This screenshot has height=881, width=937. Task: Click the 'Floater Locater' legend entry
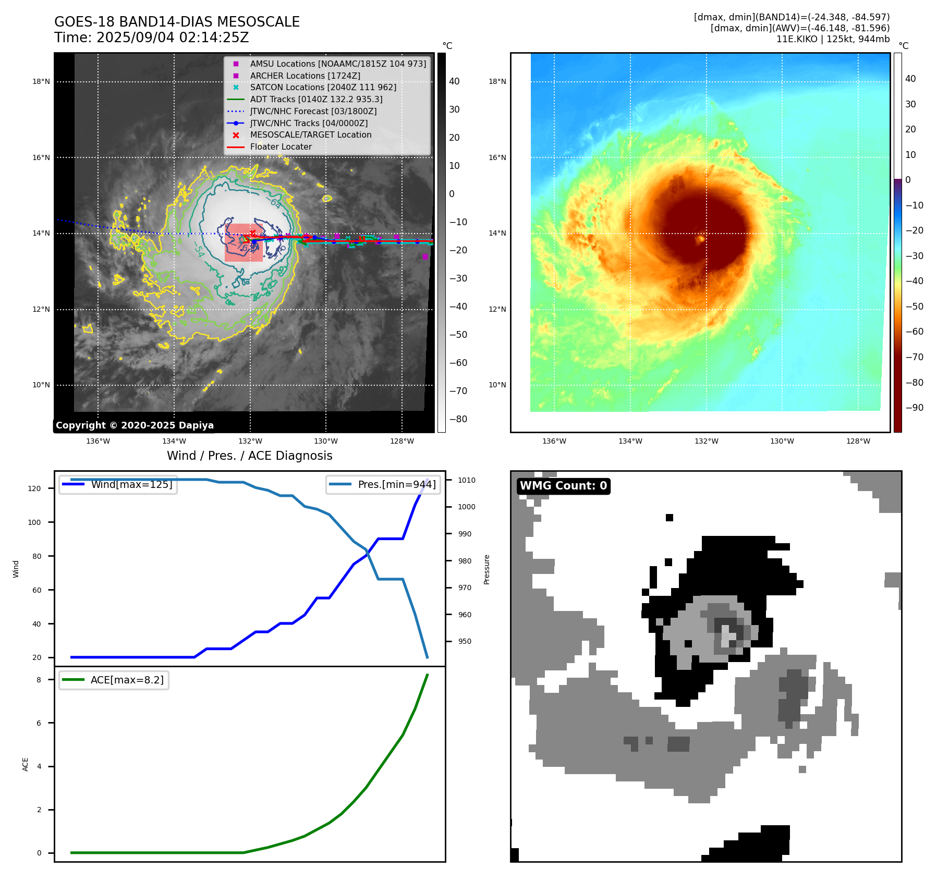point(281,147)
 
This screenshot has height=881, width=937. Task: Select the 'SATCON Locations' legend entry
point(323,88)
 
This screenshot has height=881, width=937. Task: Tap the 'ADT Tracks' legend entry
point(316,100)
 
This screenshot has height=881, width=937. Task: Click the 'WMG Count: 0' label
point(563,486)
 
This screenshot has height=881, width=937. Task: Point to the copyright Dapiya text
point(135,425)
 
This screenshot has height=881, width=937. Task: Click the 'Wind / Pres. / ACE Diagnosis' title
point(249,456)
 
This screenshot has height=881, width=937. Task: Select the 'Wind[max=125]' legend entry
point(131,485)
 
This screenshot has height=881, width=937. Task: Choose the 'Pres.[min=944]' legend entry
point(396,485)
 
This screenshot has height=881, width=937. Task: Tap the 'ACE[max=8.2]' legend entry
point(127,680)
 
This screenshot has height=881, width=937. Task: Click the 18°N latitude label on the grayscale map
point(41,82)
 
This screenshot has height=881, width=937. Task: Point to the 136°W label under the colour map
point(554,442)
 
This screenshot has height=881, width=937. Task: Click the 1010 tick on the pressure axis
point(467,480)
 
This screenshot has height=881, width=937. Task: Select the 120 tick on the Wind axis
point(34,488)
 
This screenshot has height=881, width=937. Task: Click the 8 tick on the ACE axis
point(39,680)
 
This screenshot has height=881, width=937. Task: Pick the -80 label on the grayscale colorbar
point(458,419)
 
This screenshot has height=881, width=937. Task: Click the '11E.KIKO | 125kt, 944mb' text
point(833,39)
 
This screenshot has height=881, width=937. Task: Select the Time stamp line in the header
point(151,38)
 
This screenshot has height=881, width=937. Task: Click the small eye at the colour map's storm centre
point(700,239)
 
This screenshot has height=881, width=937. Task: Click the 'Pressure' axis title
point(487,569)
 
